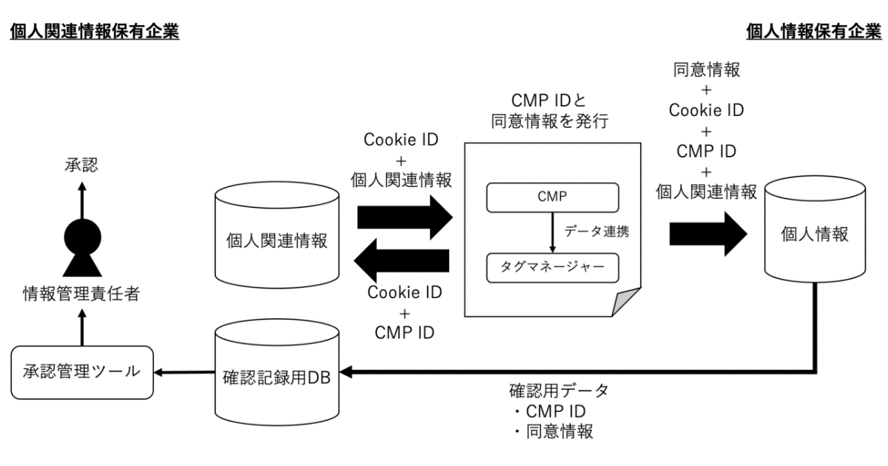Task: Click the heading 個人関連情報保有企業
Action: point(95,31)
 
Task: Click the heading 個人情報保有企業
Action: point(814,31)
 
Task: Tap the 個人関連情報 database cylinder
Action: point(277,235)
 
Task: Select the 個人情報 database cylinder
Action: point(815,229)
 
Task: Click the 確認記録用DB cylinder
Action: point(277,373)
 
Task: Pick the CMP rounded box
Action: point(553,197)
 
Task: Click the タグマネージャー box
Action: point(553,268)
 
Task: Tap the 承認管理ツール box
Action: point(82,373)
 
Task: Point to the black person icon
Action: point(82,248)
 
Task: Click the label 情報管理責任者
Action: point(81,294)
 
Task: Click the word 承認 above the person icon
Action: point(81,165)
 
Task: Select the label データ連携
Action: point(596,231)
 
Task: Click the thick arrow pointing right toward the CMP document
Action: point(405,217)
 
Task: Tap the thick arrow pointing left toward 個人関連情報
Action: point(402,260)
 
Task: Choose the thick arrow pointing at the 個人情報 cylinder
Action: point(708,234)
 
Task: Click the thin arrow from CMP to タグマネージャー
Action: point(553,232)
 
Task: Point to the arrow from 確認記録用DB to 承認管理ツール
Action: point(184,373)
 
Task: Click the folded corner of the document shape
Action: point(625,302)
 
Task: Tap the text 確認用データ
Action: point(559,391)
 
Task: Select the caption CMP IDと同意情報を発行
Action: point(549,110)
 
